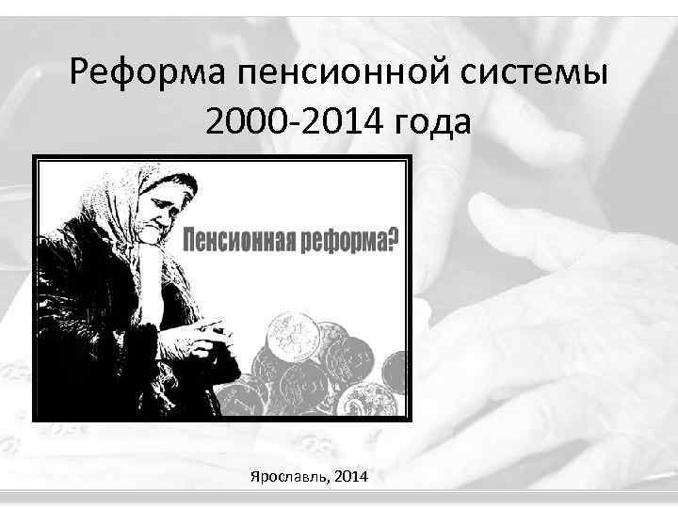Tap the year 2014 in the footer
pyautogui.click(x=349, y=477)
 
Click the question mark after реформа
pyautogui.click(x=392, y=240)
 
